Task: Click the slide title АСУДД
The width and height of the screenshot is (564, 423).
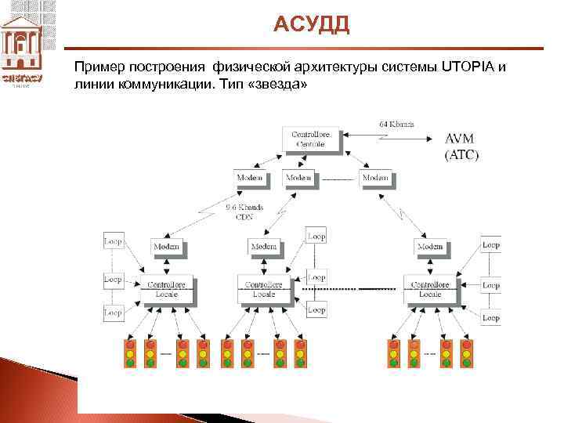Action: coord(312,25)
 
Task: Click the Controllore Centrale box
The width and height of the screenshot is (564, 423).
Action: coord(311,139)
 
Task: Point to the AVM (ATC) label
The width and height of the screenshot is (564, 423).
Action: coord(461,146)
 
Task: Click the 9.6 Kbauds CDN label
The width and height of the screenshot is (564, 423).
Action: coord(244,212)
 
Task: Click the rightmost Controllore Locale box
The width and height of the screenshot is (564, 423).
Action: coord(430,289)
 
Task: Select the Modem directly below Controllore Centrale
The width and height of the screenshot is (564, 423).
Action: coord(298,179)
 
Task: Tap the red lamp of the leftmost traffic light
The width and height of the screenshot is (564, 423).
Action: coord(130,344)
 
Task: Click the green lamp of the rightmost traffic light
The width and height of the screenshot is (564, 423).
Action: coord(467,363)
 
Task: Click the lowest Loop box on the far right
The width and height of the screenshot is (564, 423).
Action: coord(490,317)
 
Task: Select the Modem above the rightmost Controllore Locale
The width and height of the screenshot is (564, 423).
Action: coord(430,247)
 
